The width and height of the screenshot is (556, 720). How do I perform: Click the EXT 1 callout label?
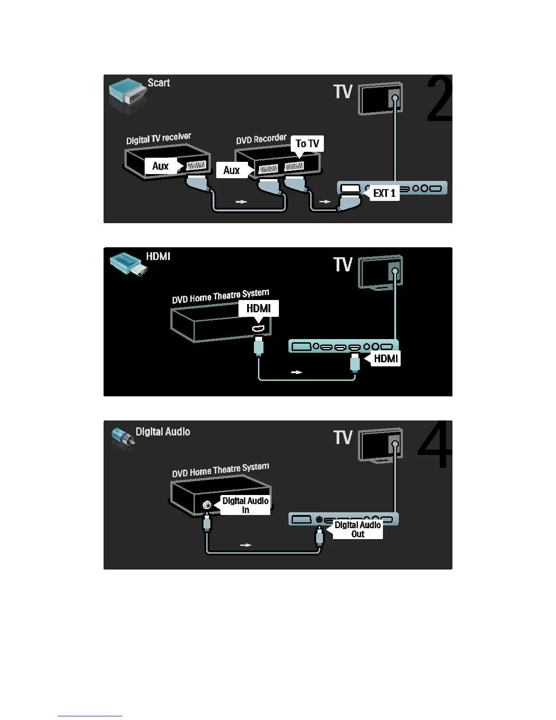pos(384,193)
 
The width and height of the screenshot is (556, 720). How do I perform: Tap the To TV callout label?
pos(307,144)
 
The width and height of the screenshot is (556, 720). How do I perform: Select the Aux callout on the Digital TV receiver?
pos(160,166)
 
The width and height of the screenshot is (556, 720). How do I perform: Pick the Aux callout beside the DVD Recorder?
pos(231,170)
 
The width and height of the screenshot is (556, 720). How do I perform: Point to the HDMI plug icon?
pos(128,264)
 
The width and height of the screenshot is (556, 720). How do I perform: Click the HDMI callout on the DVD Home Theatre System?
pos(258,309)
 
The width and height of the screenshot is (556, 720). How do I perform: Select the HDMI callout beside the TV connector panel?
pos(386,359)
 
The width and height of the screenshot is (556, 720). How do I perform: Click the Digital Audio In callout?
pos(245,505)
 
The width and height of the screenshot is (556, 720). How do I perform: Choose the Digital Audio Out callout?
pos(357,530)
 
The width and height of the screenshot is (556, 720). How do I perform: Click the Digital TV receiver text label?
pos(159,139)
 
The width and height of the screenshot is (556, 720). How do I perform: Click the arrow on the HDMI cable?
pos(297,372)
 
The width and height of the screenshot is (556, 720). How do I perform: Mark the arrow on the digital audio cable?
pos(246,545)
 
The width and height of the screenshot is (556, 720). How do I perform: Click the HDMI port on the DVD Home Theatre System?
pos(258,328)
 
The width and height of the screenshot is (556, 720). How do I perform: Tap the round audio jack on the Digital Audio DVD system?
pos(207,504)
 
